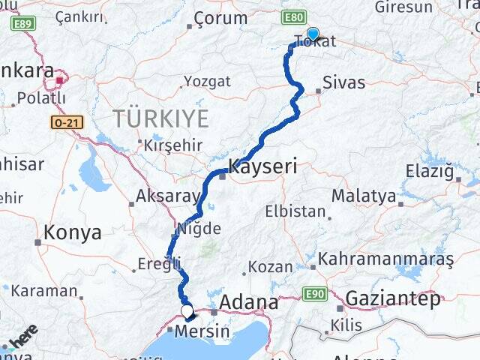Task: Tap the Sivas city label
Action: (343, 82)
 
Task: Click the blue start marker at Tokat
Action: (313, 34)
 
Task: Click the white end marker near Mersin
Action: (187, 310)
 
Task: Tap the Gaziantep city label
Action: (393, 298)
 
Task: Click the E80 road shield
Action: (293, 16)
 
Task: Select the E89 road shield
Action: (23, 23)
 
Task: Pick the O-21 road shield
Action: (67, 122)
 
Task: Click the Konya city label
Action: (72, 232)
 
